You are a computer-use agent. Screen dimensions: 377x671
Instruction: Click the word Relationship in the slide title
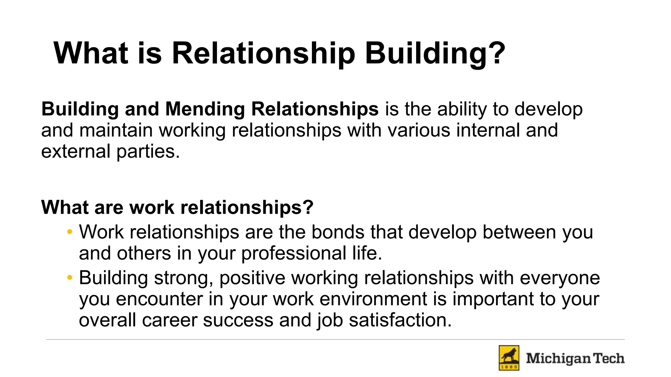tap(263, 53)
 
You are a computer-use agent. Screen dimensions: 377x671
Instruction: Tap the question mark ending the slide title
tap(497, 53)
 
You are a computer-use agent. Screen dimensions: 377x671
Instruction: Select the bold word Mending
tap(205, 109)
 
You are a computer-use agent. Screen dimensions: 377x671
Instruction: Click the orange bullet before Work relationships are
tap(69, 232)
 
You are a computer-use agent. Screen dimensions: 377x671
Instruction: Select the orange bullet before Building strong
tap(69, 278)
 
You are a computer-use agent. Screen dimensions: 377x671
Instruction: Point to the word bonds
tap(338, 232)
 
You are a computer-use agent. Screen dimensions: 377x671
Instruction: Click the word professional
tap(294, 254)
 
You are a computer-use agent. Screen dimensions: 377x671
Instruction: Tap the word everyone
tap(560, 278)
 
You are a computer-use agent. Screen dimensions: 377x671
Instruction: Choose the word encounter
tap(160, 299)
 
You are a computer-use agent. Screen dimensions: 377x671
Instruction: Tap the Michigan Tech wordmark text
tap(575, 358)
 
